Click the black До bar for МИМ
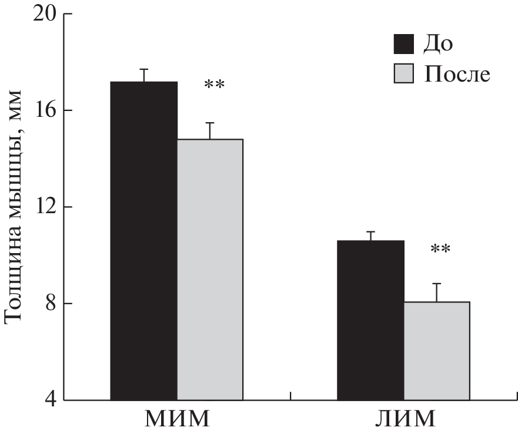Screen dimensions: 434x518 144,241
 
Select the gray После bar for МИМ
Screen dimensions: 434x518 210,270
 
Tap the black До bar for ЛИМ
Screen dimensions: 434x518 370,320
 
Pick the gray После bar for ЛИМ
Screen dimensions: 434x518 436,351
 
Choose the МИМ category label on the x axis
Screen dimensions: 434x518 177,419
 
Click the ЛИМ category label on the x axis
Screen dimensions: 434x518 403,419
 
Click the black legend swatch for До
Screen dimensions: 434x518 404,44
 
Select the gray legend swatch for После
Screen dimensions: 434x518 404,75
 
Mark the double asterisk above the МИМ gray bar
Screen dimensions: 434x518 214,86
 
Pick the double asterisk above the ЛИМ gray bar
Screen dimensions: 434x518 440,250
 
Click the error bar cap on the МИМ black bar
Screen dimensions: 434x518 144,69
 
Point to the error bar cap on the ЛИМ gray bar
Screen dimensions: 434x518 436,284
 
